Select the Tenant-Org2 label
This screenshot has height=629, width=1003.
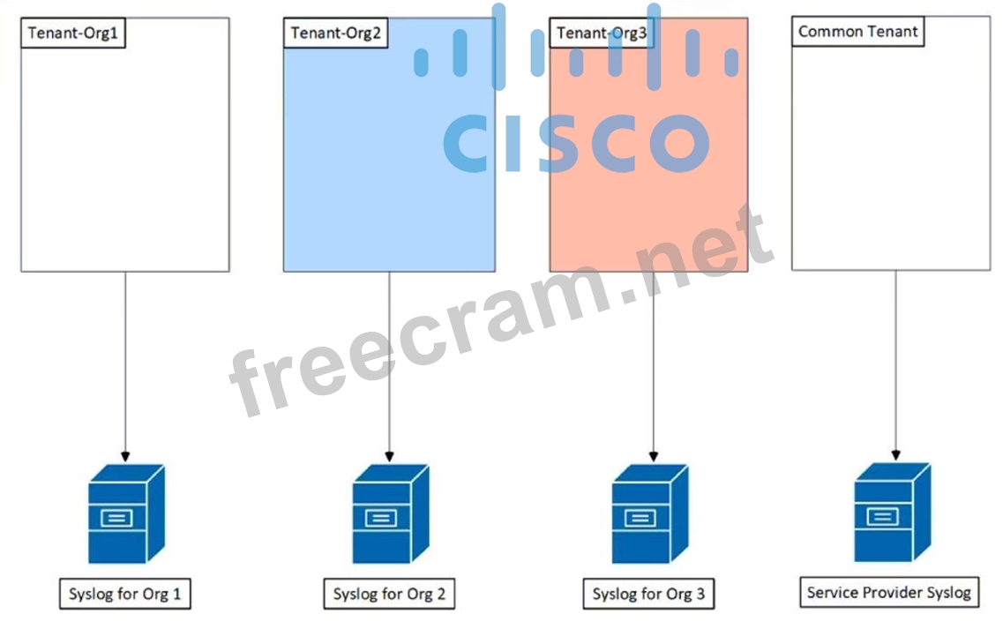click(x=335, y=34)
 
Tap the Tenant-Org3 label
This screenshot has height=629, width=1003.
click(x=601, y=34)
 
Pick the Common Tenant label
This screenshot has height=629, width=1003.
click(x=857, y=32)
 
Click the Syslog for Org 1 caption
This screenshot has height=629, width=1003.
click(x=124, y=594)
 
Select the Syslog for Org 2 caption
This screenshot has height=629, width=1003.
click(x=389, y=594)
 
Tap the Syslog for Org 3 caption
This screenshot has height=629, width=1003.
click(x=648, y=594)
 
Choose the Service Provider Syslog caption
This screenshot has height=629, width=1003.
click(x=889, y=592)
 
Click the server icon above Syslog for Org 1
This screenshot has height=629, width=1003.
click(x=126, y=513)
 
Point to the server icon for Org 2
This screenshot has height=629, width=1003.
click(x=390, y=513)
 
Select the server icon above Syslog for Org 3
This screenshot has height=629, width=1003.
click(x=649, y=513)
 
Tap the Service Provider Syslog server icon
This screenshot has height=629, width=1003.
click(x=892, y=513)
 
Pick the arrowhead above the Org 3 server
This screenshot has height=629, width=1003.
click(x=653, y=456)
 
